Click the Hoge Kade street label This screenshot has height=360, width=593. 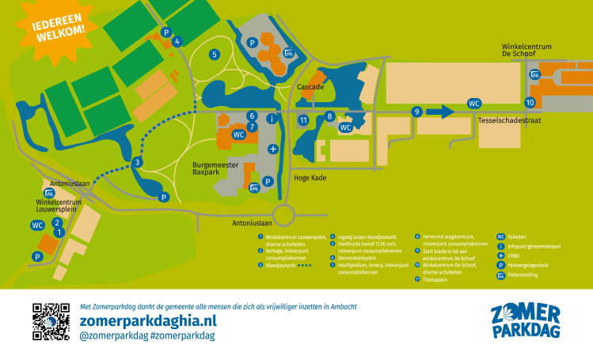310,178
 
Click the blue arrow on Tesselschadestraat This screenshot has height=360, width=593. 440,112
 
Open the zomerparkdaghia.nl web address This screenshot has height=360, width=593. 148,320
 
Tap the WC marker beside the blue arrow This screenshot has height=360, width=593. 474,104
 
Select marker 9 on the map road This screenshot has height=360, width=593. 416,112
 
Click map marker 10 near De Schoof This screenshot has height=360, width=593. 530,103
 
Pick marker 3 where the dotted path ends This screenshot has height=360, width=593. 137,162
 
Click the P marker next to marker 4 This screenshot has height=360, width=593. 165,32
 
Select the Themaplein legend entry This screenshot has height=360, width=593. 435,279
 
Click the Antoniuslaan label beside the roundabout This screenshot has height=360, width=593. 253,223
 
